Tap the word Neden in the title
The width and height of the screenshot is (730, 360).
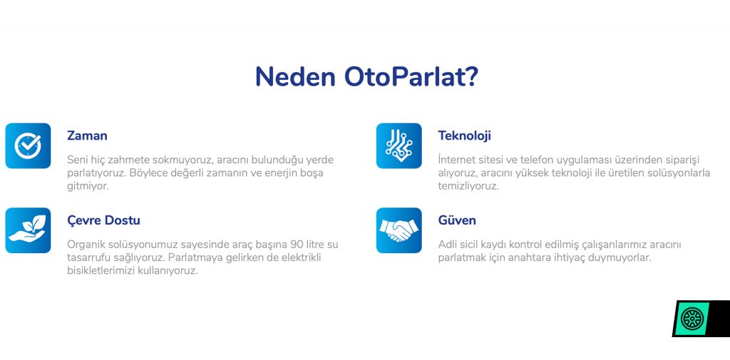[295, 76]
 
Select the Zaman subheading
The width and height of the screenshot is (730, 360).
[87, 135]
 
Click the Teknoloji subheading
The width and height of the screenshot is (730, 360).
[464, 135]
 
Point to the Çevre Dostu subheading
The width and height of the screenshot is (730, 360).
[103, 220]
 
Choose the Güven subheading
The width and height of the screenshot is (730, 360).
[457, 220]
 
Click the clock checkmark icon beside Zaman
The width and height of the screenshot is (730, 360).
[28, 145]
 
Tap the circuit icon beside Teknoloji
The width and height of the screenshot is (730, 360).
[399, 145]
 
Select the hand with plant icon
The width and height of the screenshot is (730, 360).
[28, 230]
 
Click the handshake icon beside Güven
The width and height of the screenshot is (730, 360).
[399, 230]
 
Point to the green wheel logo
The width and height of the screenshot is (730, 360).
[692, 319]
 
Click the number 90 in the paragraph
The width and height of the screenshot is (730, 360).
[296, 244]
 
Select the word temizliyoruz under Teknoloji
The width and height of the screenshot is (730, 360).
[468, 186]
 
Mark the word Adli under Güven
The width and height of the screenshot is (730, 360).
[448, 244]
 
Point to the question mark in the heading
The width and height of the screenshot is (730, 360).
[471, 76]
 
